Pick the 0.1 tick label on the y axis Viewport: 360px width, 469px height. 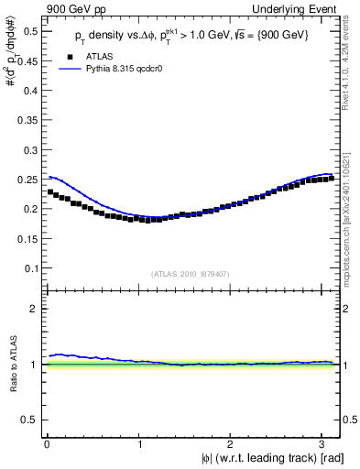pos(32,267)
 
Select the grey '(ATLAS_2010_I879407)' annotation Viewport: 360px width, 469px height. pos(192,273)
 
